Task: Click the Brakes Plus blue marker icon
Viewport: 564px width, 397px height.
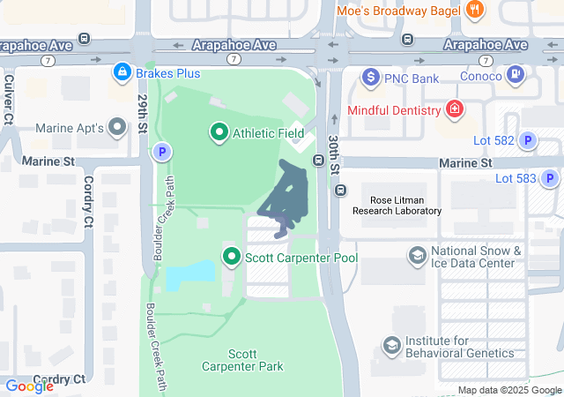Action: click(x=122, y=71)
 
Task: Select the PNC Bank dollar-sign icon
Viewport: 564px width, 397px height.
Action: click(x=371, y=79)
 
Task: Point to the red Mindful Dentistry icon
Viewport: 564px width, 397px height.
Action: click(x=455, y=110)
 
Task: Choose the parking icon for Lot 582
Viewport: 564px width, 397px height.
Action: click(x=527, y=139)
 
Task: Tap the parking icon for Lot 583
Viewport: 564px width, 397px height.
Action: click(x=550, y=178)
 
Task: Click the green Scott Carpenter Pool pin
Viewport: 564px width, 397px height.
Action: click(x=232, y=258)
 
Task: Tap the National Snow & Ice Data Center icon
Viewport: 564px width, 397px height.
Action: click(x=417, y=257)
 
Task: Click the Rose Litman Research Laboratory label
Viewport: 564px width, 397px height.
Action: click(x=397, y=206)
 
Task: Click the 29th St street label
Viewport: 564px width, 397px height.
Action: click(x=142, y=112)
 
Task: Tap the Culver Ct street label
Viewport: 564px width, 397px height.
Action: click(x=9, y=96)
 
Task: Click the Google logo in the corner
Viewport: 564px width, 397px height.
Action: click(x=30, y=386)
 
